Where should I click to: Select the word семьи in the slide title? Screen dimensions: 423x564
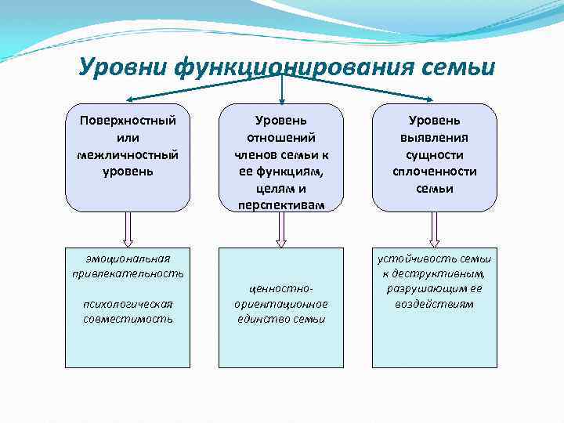(x=459, y=67)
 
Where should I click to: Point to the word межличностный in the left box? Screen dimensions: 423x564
(x=128, y=154)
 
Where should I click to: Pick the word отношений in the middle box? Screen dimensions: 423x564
(x=281, y=137)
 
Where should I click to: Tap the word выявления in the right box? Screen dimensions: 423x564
(x=434, y=137)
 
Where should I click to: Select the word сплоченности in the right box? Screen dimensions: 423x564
(x=434, y=172)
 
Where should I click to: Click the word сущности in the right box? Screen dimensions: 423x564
(x=434, y=154)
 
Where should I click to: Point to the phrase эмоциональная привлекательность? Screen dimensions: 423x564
(x=128, y=266)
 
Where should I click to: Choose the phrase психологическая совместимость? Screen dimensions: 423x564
(x=128, y=311)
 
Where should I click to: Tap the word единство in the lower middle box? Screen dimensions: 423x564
(x=262, y=319)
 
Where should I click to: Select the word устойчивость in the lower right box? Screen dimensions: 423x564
(x=416, y=258)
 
